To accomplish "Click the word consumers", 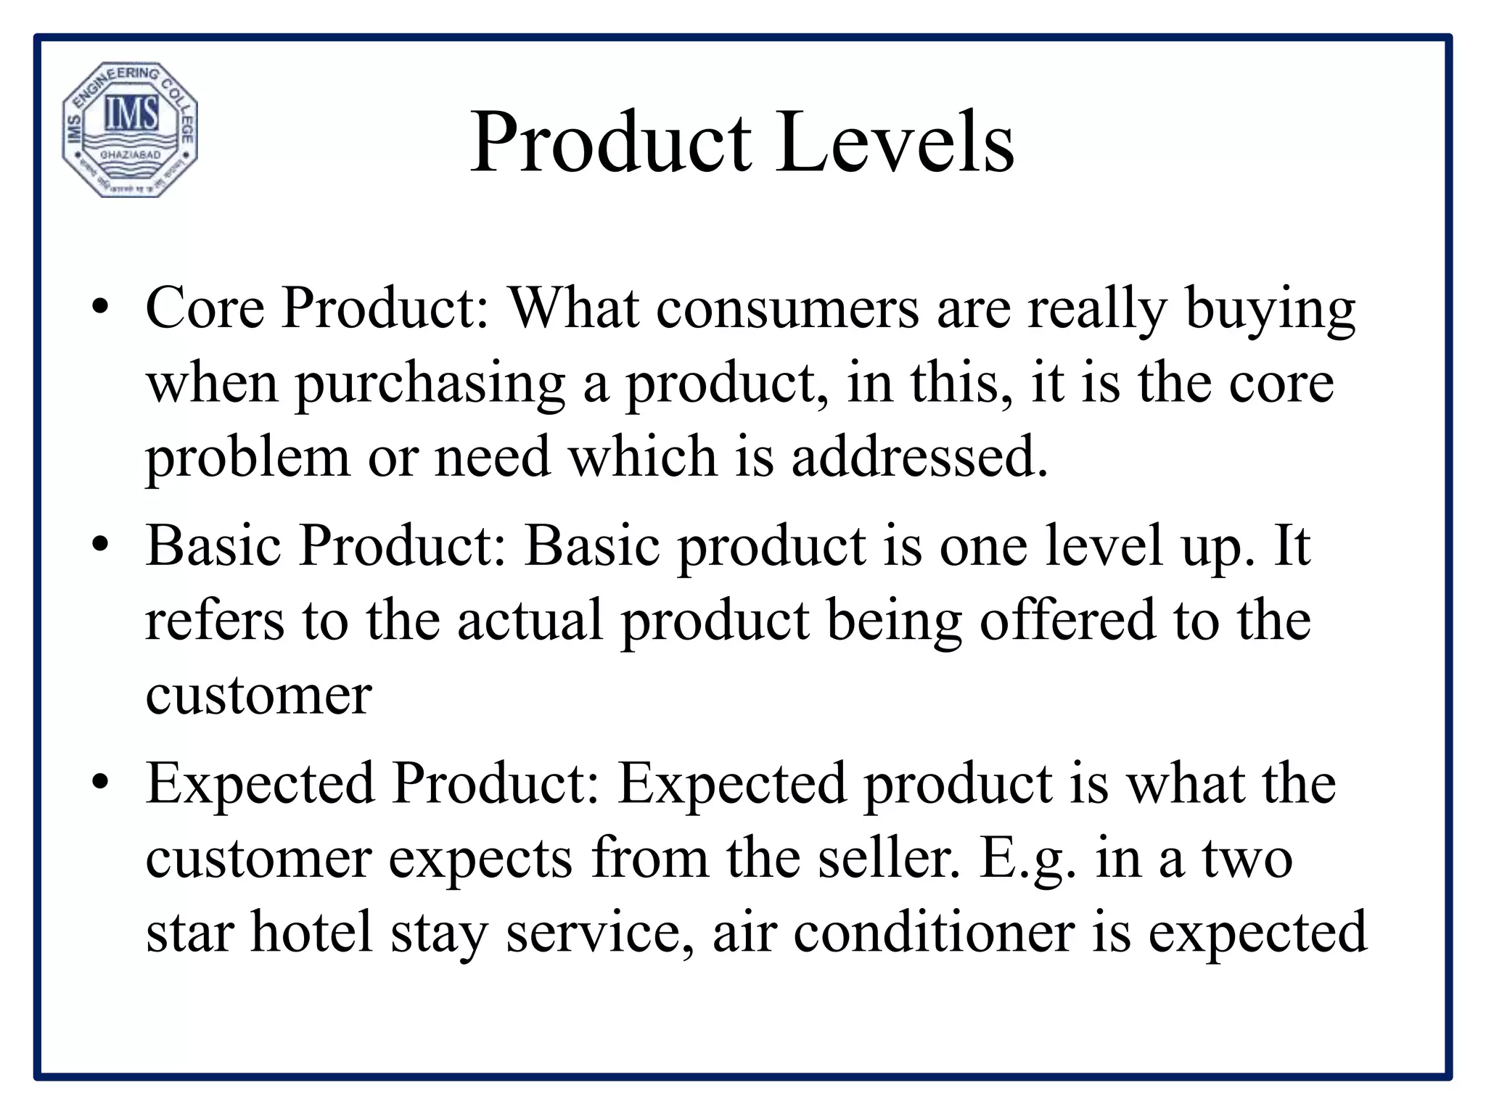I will (788, 308).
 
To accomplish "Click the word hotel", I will (312, 932).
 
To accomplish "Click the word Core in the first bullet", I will (205, 308).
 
